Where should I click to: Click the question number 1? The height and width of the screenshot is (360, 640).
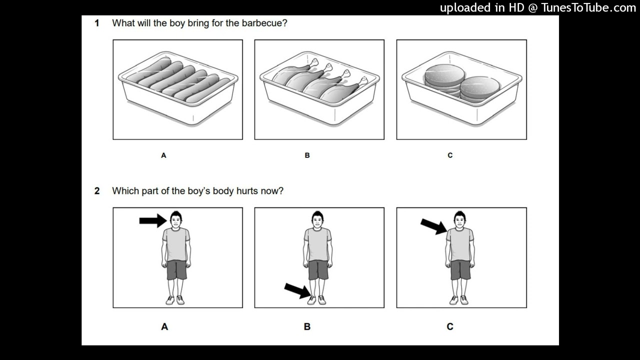pos(97,23)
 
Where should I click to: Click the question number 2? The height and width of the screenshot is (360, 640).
pos(97,191)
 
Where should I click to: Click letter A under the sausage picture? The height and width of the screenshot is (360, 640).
pos(163,155)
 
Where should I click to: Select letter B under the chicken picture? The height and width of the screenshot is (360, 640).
pos(307,155)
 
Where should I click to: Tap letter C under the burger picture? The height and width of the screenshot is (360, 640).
pos(450,155)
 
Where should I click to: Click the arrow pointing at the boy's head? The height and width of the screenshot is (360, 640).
pos(152,220)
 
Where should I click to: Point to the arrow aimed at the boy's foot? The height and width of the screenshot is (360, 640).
pos(297,290)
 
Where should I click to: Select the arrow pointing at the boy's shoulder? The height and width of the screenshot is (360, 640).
pos(433,226)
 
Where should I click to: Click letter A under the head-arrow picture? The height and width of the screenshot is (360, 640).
pos(164,326)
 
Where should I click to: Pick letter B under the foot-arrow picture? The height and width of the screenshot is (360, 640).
pos(307,326)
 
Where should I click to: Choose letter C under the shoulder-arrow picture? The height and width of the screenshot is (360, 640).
pos(450,326)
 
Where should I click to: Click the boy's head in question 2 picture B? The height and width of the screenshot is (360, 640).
pos(317,219)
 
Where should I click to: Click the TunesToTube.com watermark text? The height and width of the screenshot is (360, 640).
pos(538,7)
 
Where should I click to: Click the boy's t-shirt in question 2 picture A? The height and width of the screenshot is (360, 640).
pos(176,244)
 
